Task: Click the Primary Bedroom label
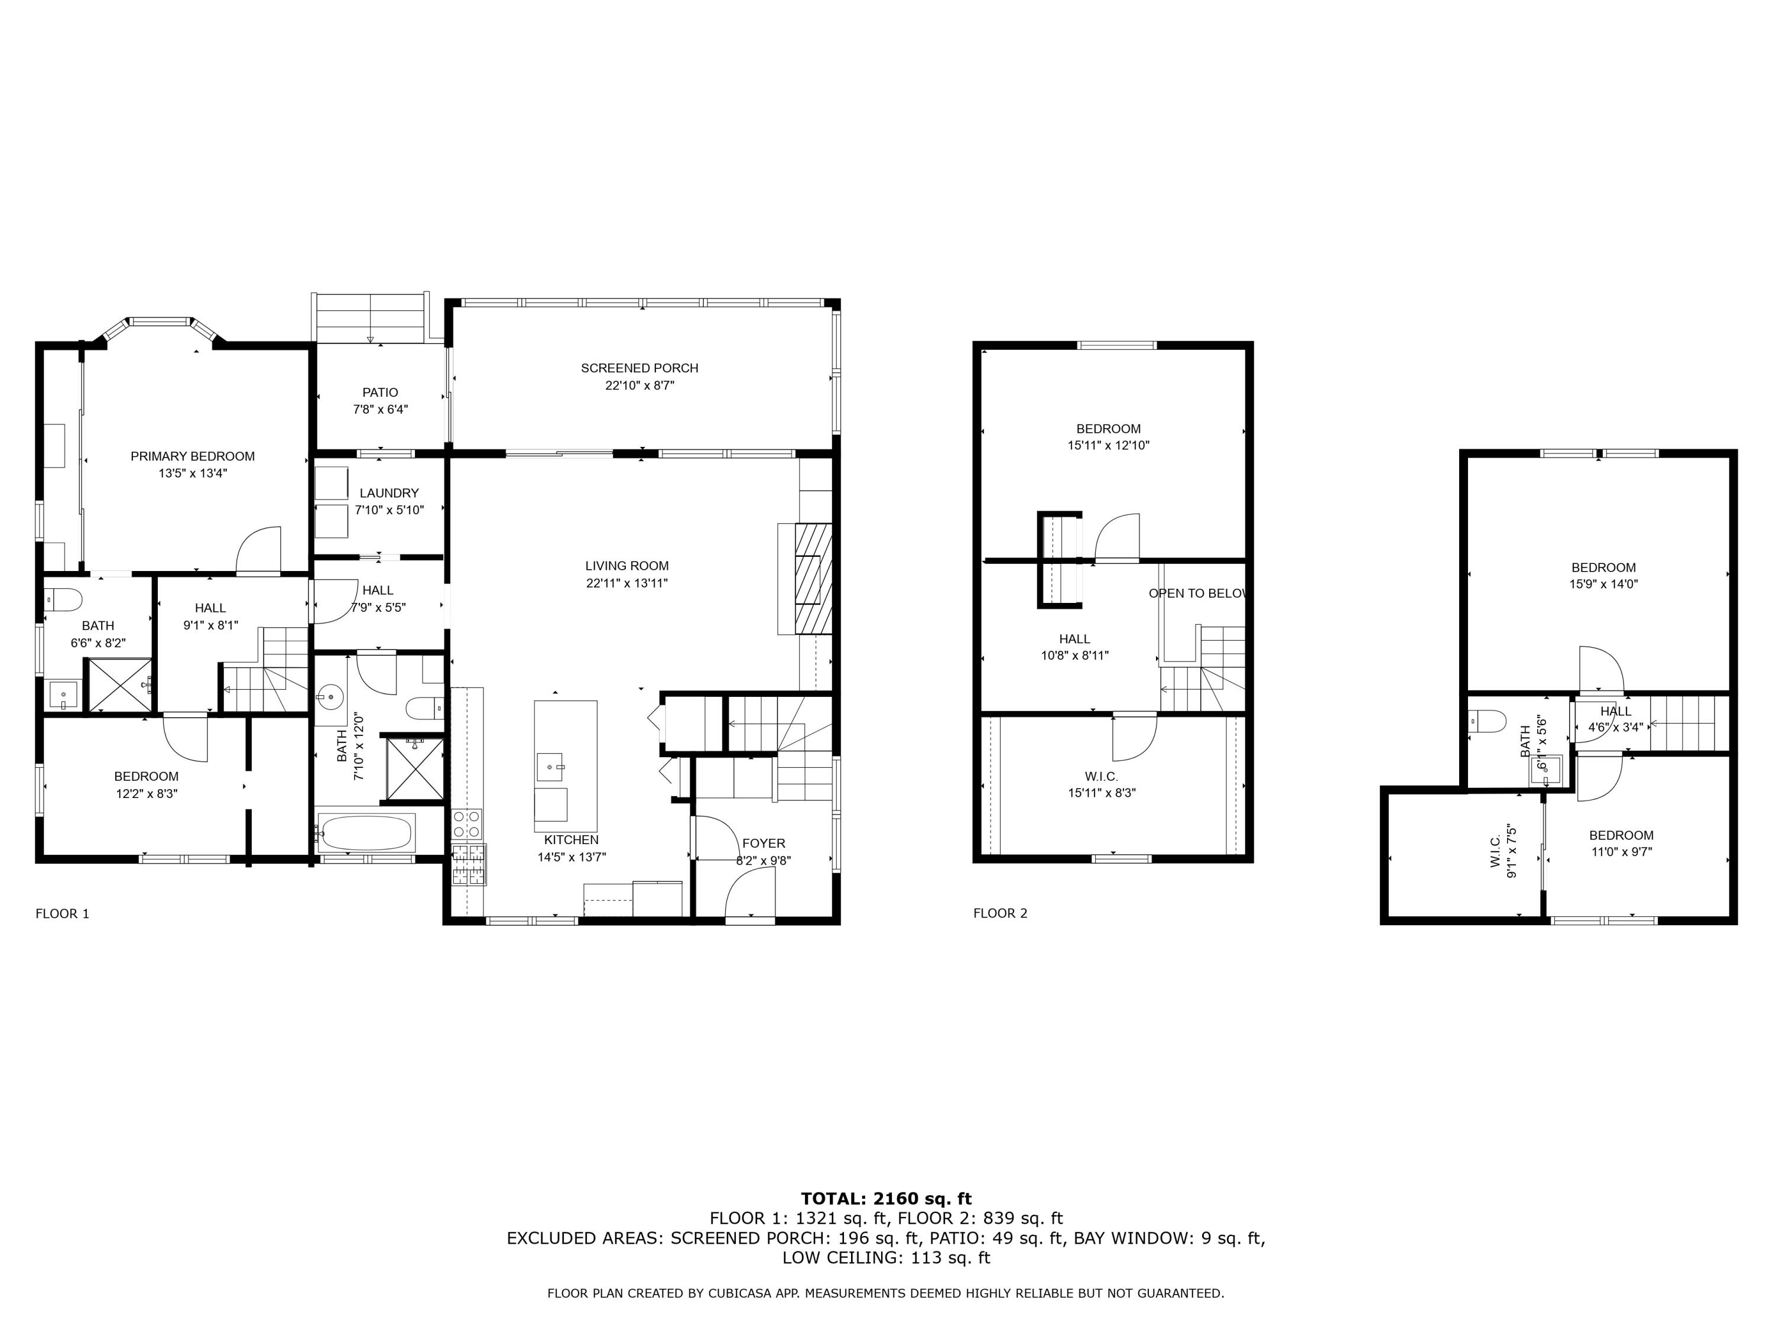pyautogui.click(x=192, y=456)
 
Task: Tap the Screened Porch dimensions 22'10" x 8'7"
pyautogui.click(x=639, y=385)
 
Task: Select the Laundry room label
pyautogui.click(x=389, y=493)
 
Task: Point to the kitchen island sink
pyautogui.click(x=550, y=767)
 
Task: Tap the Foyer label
pyautogui.click(x=763, y=844)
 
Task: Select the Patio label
pyautogui.click(x=380, y=392)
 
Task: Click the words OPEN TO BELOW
pyautogui.click(x=1197, y=593)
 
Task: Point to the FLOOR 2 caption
pyautogui.click(x=999, y=913)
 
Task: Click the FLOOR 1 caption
pyautogui.click(x=63, y=913)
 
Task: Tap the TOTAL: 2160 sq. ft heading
pyautogui.click(x=886, y=1199)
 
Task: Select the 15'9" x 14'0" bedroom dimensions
pyautogui.click(x=1603, y=585)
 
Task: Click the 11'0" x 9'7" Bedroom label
pyautogui.click(x=1621, y=835)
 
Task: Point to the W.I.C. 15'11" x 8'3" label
pyautogui.click(x=1101, y=776)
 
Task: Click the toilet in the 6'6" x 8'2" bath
pyautogui.click(x=64, y=599)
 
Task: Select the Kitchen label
pyautogui.click(x=571, y=839)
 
